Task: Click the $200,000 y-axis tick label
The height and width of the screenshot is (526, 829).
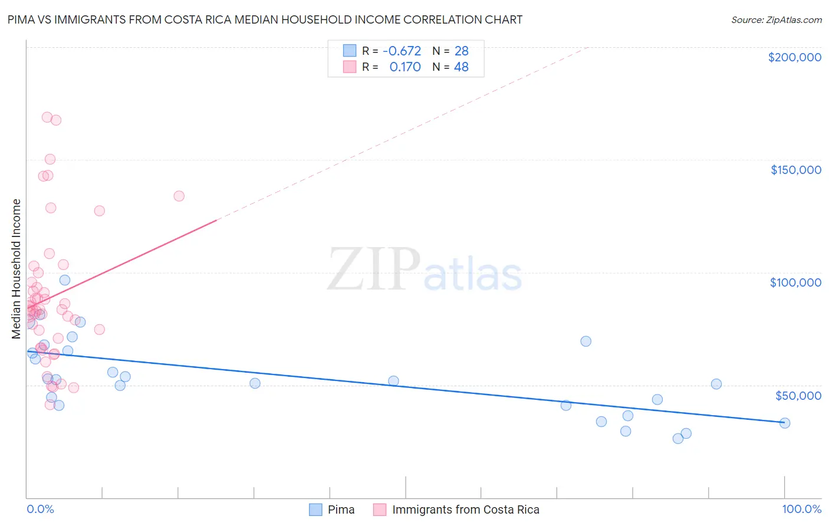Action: tap(794, 57)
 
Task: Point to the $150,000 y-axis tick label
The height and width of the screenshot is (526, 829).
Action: tap(795, 170)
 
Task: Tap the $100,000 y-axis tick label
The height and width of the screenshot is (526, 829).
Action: tap(795, 282)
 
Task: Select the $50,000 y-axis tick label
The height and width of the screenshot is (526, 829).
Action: tap(798, 395)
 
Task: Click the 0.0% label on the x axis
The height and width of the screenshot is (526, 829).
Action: tap(40, 509)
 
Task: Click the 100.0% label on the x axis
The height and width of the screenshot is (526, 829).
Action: tap(801, 509)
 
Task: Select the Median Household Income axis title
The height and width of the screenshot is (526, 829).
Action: tap(16, 269)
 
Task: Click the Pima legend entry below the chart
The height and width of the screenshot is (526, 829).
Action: tap(341, 509)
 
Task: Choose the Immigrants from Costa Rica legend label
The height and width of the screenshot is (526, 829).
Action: tap(465, 509)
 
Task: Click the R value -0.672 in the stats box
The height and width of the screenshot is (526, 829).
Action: tap(402, 51)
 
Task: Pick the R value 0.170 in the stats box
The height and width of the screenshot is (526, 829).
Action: tap(405, 67)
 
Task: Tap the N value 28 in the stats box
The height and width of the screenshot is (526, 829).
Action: tap(461, 51)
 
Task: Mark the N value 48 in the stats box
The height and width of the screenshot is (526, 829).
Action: tap(461, 67)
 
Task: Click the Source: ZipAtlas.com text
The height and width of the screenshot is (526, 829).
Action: tap(776, 19)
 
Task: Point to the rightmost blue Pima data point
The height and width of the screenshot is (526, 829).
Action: tap(784, 423)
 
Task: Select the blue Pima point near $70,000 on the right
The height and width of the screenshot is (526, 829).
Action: tap(585, 341)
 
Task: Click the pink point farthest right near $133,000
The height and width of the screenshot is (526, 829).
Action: tap(179, 196)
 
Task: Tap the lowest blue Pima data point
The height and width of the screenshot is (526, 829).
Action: tap(678, 438)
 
